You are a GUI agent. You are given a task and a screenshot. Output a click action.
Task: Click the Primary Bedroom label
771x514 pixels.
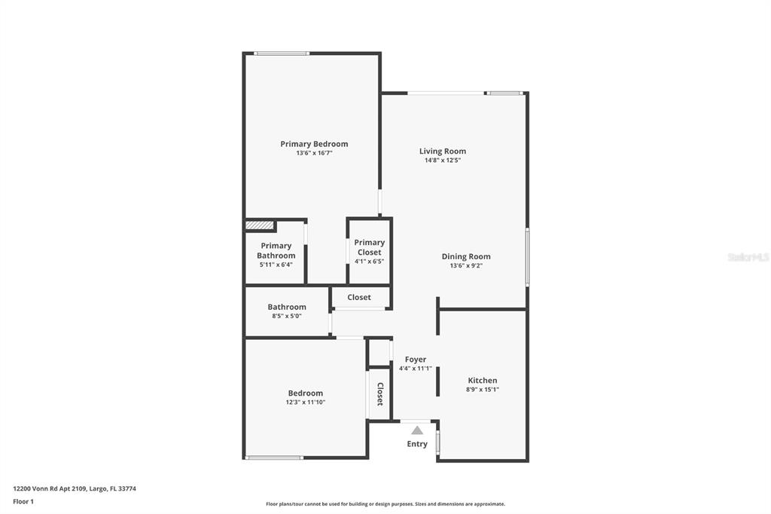[x=314, y=144]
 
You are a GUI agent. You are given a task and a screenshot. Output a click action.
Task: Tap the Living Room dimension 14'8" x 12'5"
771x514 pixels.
[x=443, y=161]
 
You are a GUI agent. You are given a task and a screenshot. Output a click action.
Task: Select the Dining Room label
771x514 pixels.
[x=465, y=256]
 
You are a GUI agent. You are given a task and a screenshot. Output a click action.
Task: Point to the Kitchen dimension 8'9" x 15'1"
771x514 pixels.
[x=483, y=390]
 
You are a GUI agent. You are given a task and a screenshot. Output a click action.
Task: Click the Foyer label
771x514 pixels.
[x=416, y=359]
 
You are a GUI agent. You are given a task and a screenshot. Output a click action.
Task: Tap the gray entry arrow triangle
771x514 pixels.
[x=417, y=430]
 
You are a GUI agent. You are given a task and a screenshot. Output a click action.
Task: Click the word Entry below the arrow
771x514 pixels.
[x=417, y=444]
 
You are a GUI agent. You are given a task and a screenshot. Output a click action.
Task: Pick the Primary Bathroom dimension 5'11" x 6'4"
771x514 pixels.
[x=276, y=265]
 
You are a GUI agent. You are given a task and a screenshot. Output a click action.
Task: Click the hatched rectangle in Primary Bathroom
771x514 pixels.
[x=258, y=225]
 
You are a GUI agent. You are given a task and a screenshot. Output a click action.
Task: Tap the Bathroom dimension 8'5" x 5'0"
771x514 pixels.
[x=287, y=316]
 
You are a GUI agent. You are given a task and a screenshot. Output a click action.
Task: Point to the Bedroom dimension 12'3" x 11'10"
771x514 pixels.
[x=305, y=402]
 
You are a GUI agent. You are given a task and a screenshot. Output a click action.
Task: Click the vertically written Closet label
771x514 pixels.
[x=380, y=394]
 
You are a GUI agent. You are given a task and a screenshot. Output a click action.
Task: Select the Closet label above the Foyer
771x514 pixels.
[x=359, y=297]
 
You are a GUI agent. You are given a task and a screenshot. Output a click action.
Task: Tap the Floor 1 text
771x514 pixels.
[x=23, y=501]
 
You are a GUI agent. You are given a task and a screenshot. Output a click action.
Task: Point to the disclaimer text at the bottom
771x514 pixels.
[x=385, y=503]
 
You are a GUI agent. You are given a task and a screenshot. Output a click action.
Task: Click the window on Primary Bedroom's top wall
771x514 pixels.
[x=281, y=53]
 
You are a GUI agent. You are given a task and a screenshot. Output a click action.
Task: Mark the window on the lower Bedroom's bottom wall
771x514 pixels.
[x=274, y=457]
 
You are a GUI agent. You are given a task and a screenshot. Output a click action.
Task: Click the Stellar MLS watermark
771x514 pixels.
[x=748, y=257]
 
